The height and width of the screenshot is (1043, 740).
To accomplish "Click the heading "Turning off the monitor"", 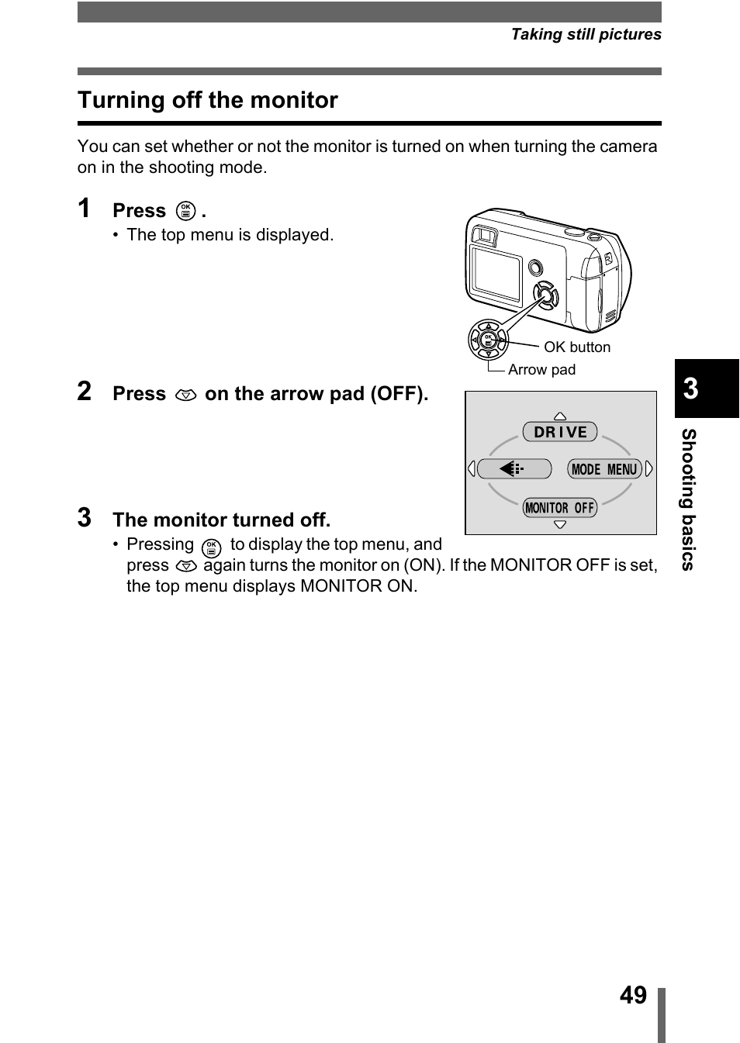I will (x=207, y=100).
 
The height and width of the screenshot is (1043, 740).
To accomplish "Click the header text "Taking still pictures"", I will (x=586, y=34).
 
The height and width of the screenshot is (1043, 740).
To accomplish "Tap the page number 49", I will (x=633, y=995).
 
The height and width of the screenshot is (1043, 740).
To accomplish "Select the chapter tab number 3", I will (x=691, y=388).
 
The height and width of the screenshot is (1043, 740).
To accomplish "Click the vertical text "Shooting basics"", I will (x=688, y=499).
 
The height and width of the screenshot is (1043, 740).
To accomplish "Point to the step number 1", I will (x=84, y=209).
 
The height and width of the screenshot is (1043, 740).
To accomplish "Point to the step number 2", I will (x=85, y=392).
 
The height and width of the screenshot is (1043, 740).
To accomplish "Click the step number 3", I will (x=85, y=518).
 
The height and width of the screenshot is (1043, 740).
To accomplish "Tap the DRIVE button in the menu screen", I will (x=560, y=432).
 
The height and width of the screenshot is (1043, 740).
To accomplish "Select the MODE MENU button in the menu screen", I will (x=604, y=469).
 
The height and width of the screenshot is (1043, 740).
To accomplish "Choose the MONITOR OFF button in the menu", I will (x=560, y=508).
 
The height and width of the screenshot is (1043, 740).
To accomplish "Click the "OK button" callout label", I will (x=576, y=347).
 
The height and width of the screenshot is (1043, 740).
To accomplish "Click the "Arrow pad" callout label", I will (x=541, y=370).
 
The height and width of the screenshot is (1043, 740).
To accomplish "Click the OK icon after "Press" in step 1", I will (x=185, y=211).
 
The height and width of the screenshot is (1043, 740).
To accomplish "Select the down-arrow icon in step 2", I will (x=185, y=395).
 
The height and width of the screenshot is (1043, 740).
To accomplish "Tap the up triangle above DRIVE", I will (x=560, y=416).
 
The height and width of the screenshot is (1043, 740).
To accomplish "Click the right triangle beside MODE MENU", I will (x=649, y=469).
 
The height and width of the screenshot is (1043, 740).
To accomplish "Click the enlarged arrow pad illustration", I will (x=488, y=340).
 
